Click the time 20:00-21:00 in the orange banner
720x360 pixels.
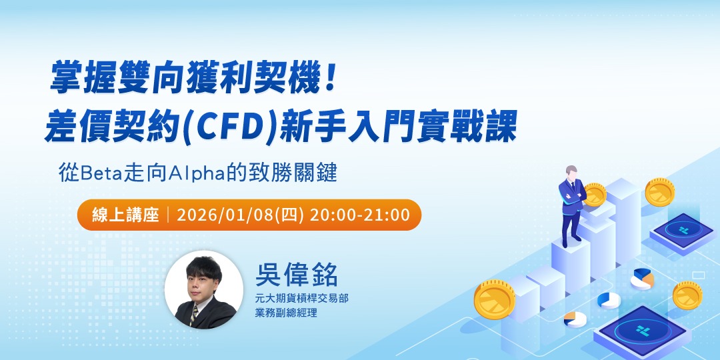pos(359,215)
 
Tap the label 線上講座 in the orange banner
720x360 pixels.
pos(126,215)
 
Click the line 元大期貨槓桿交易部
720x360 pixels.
pos(306,298)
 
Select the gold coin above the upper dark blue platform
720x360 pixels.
pos(659,191)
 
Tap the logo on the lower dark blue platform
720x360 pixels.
pos(643,330)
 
